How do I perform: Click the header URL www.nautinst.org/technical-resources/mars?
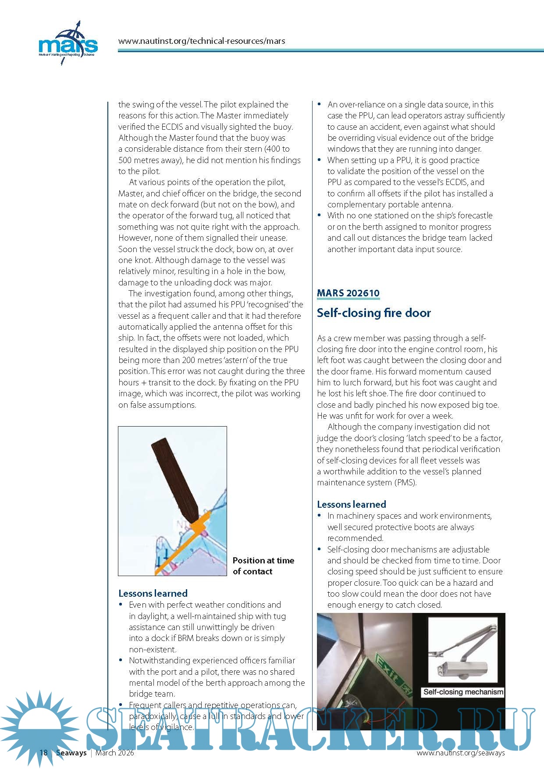(x=202, y=41)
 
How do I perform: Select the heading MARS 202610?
(x=348, y=293)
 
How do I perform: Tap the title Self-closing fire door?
(x=373, y=313)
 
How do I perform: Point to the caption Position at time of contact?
(x=263, y=566)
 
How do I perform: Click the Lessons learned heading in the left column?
(x=153, y=593)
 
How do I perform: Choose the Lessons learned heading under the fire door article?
(x=351, y=504)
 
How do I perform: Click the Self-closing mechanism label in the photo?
(x=463, y=692)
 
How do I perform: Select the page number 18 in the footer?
(x=43, y=753)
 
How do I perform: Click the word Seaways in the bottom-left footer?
(x=71, y=753)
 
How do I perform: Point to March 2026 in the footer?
(x=115, y=753)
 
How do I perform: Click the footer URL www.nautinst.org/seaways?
(x=460, y=753)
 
